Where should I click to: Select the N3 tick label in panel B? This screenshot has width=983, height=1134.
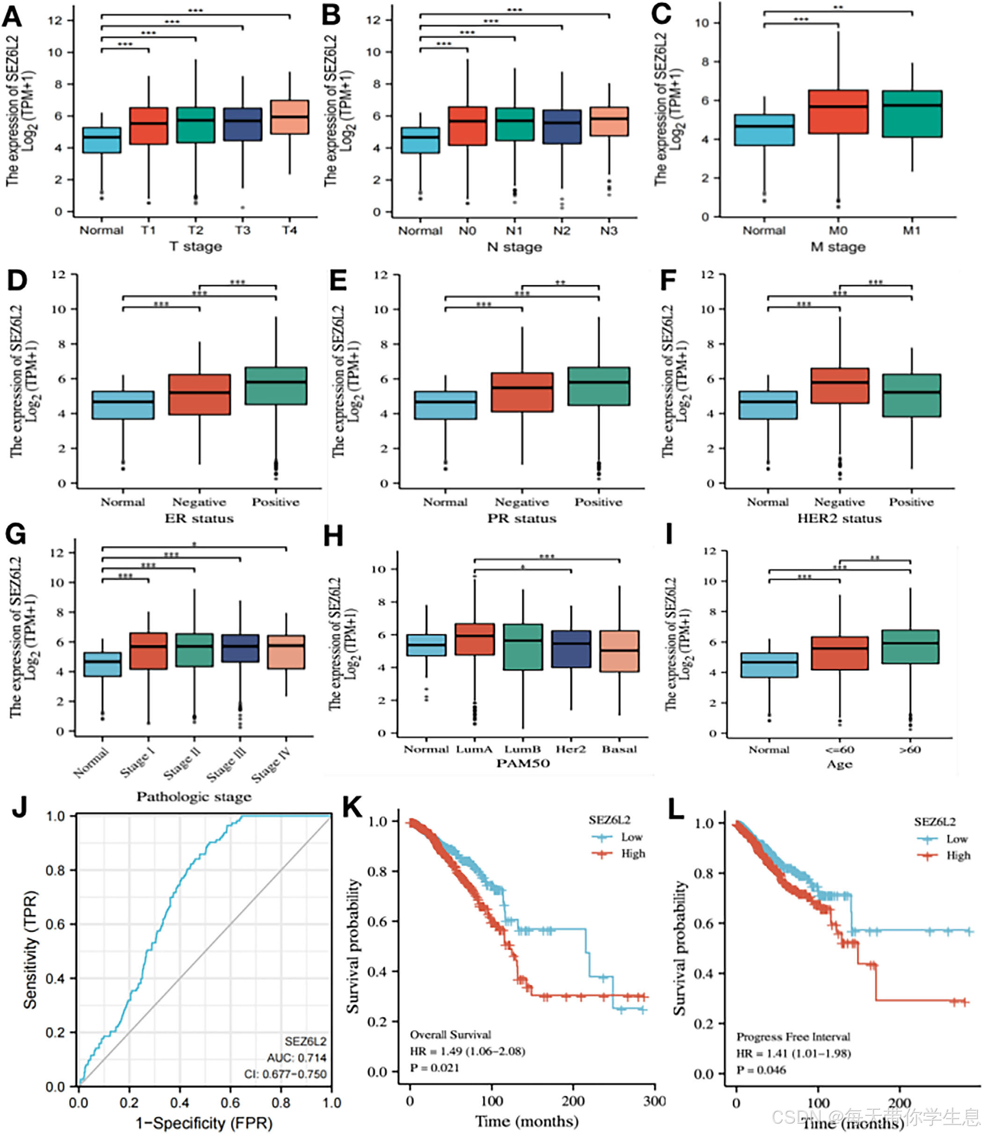coord(609,230)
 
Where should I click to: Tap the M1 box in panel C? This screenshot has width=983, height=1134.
coord(912,114)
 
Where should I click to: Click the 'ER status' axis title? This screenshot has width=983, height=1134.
coord(199,518)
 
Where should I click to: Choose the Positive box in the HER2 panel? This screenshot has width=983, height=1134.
coord(912,396)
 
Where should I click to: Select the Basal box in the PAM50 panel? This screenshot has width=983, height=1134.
coord(619,651)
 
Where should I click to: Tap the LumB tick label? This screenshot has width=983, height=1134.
coord(523,750)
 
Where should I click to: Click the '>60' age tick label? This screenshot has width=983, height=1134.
coord(910,750)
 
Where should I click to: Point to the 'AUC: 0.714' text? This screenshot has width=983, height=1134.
coord(296,1058)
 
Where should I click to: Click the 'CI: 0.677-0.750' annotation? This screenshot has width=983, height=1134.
coord(285,1074)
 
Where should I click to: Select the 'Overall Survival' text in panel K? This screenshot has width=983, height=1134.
coord(450,1035)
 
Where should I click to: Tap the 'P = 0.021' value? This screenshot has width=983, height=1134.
coord(434,1068)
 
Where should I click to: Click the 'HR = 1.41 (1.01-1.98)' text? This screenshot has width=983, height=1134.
coord(793,1053)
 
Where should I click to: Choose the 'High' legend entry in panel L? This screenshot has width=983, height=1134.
coord(958,855)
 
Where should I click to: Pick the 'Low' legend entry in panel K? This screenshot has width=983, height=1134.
coord(631,837)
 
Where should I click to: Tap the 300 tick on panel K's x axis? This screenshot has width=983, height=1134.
coord(654,1101)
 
